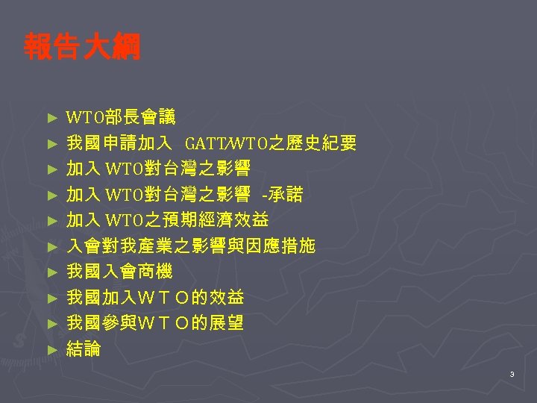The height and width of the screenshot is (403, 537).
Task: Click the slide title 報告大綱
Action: (81, 47)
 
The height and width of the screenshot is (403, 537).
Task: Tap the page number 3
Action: (512, 374)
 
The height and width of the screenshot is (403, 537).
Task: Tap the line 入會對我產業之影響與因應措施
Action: (191, 246)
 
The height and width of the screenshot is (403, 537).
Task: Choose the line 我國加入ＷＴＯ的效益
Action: (155, 298)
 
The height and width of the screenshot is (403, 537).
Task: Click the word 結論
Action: (84, 349)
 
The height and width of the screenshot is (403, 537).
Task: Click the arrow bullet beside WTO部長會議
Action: (51, 117)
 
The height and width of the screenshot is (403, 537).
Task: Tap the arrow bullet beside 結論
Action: (51, 349)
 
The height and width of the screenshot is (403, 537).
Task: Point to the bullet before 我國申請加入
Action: (51, 143)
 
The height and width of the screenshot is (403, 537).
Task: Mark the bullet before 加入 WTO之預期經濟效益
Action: (51, 221)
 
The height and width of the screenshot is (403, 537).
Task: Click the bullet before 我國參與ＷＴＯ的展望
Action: (51, 324)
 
